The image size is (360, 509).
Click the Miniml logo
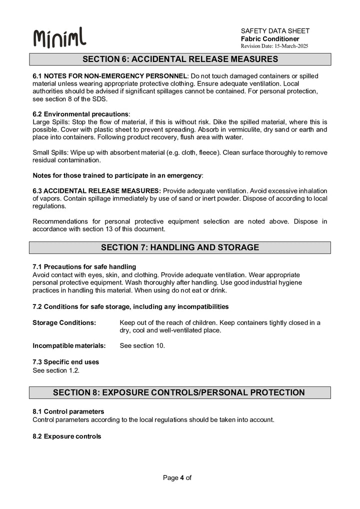tap(59, 38)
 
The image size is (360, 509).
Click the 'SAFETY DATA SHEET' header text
tap(275, 31)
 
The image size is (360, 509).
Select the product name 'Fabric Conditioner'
tap(270, 38)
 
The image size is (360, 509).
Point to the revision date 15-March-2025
tap(274, 46)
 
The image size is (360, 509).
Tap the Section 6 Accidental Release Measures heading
tap(180, 59)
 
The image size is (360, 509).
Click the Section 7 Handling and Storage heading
tap(180, 247)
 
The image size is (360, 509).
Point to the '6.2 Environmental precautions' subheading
tap(80, 114)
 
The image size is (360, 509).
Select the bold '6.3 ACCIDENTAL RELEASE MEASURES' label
tap(96, 191)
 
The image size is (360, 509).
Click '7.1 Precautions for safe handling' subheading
tap(84, 266)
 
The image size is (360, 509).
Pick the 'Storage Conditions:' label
tap(64, 322)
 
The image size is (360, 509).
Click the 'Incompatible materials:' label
tap(69, 345)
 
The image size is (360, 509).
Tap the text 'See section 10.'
tap(142, 345)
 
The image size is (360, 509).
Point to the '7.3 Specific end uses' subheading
tap(65, 362)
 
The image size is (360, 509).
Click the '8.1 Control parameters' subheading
tap(68, 411)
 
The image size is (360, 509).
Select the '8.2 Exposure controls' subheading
tap(66, 436)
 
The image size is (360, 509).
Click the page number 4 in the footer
tap(182, 477)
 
